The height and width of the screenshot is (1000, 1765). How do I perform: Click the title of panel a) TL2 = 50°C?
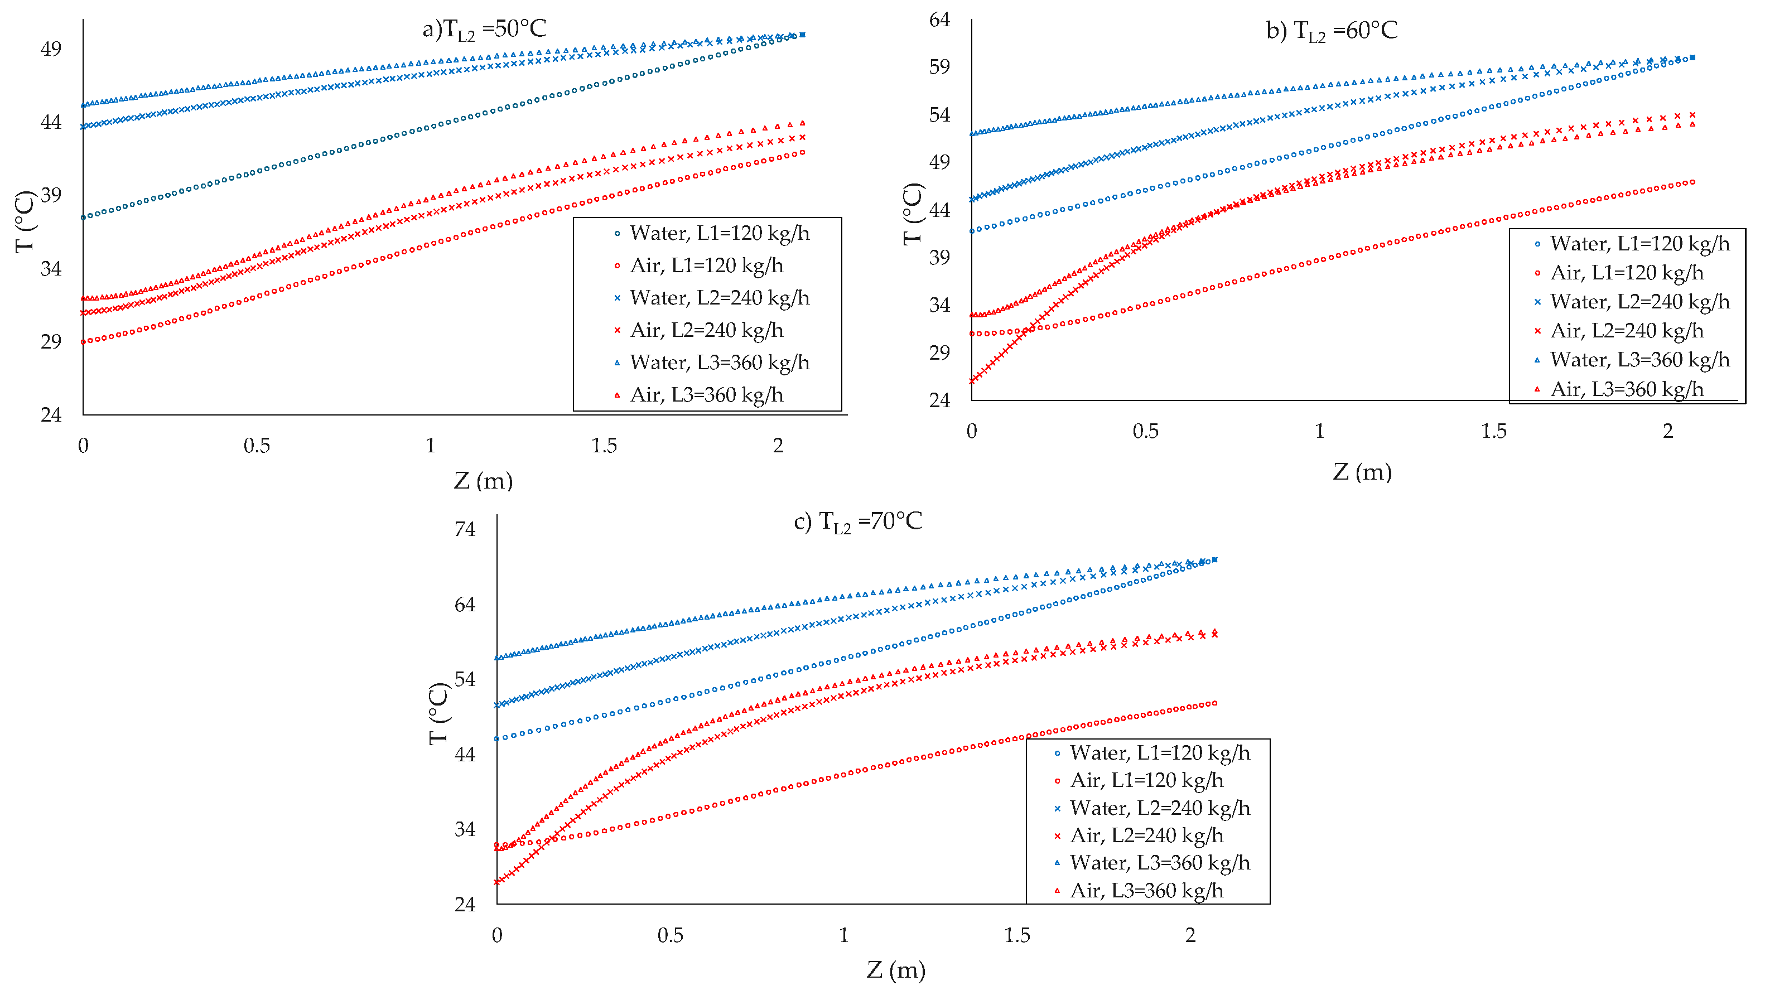click(x=484, y=30)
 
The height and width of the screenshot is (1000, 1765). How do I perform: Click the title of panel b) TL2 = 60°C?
click(x=1332, y=31)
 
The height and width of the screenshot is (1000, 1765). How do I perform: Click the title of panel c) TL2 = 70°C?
click(x=858, y=522)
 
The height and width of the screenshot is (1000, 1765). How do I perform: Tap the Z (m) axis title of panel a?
click(x=484, y=480)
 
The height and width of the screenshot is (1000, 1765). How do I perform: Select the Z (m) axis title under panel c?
click(x=896, y=969)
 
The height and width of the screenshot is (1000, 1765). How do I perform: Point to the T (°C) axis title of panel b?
click(x=913, y=214)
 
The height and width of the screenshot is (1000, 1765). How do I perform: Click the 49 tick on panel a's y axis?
click(x=51, y=49)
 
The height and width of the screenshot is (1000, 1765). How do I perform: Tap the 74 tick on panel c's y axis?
click(x=465, y=529)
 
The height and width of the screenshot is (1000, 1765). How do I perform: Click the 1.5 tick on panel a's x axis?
click(x=604, y=446)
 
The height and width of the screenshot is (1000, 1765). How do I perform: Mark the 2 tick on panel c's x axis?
click(x=1190, y=935)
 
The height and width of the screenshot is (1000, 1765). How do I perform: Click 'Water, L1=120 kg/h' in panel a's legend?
click(x=720, y=234)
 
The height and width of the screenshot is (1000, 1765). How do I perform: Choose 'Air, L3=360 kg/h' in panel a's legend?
click(x=707, y=395)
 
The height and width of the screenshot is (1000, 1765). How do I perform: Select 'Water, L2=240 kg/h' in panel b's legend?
click(x=1640, y=302)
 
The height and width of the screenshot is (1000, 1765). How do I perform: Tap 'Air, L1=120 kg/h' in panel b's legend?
click(x=1627, y=273)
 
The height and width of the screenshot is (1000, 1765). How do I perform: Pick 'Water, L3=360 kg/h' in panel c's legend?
click(x=1160, y=863)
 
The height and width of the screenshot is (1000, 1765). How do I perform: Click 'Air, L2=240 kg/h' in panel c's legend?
click(x=1147, y=835)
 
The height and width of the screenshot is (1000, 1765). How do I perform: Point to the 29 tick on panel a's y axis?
click(x=51, y=341)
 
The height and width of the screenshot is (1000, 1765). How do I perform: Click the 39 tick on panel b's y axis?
click(x=939, y=257)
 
